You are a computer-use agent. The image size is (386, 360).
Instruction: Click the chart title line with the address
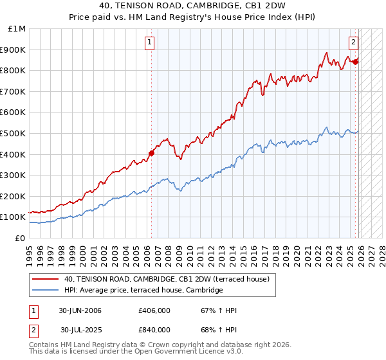(193, 6)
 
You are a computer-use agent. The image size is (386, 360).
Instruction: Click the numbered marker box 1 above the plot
(149, 43)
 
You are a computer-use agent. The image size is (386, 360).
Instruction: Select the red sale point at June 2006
(152, 153)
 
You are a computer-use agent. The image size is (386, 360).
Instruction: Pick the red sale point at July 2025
(355, 62)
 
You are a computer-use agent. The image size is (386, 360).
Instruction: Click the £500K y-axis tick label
(14, 133)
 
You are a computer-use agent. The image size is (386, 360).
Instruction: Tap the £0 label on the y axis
(20, 238)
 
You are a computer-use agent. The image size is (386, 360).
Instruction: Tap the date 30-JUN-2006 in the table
(80, 311)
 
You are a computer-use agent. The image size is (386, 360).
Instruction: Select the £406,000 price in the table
(154, 311)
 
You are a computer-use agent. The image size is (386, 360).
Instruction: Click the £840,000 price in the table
(154, 330)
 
